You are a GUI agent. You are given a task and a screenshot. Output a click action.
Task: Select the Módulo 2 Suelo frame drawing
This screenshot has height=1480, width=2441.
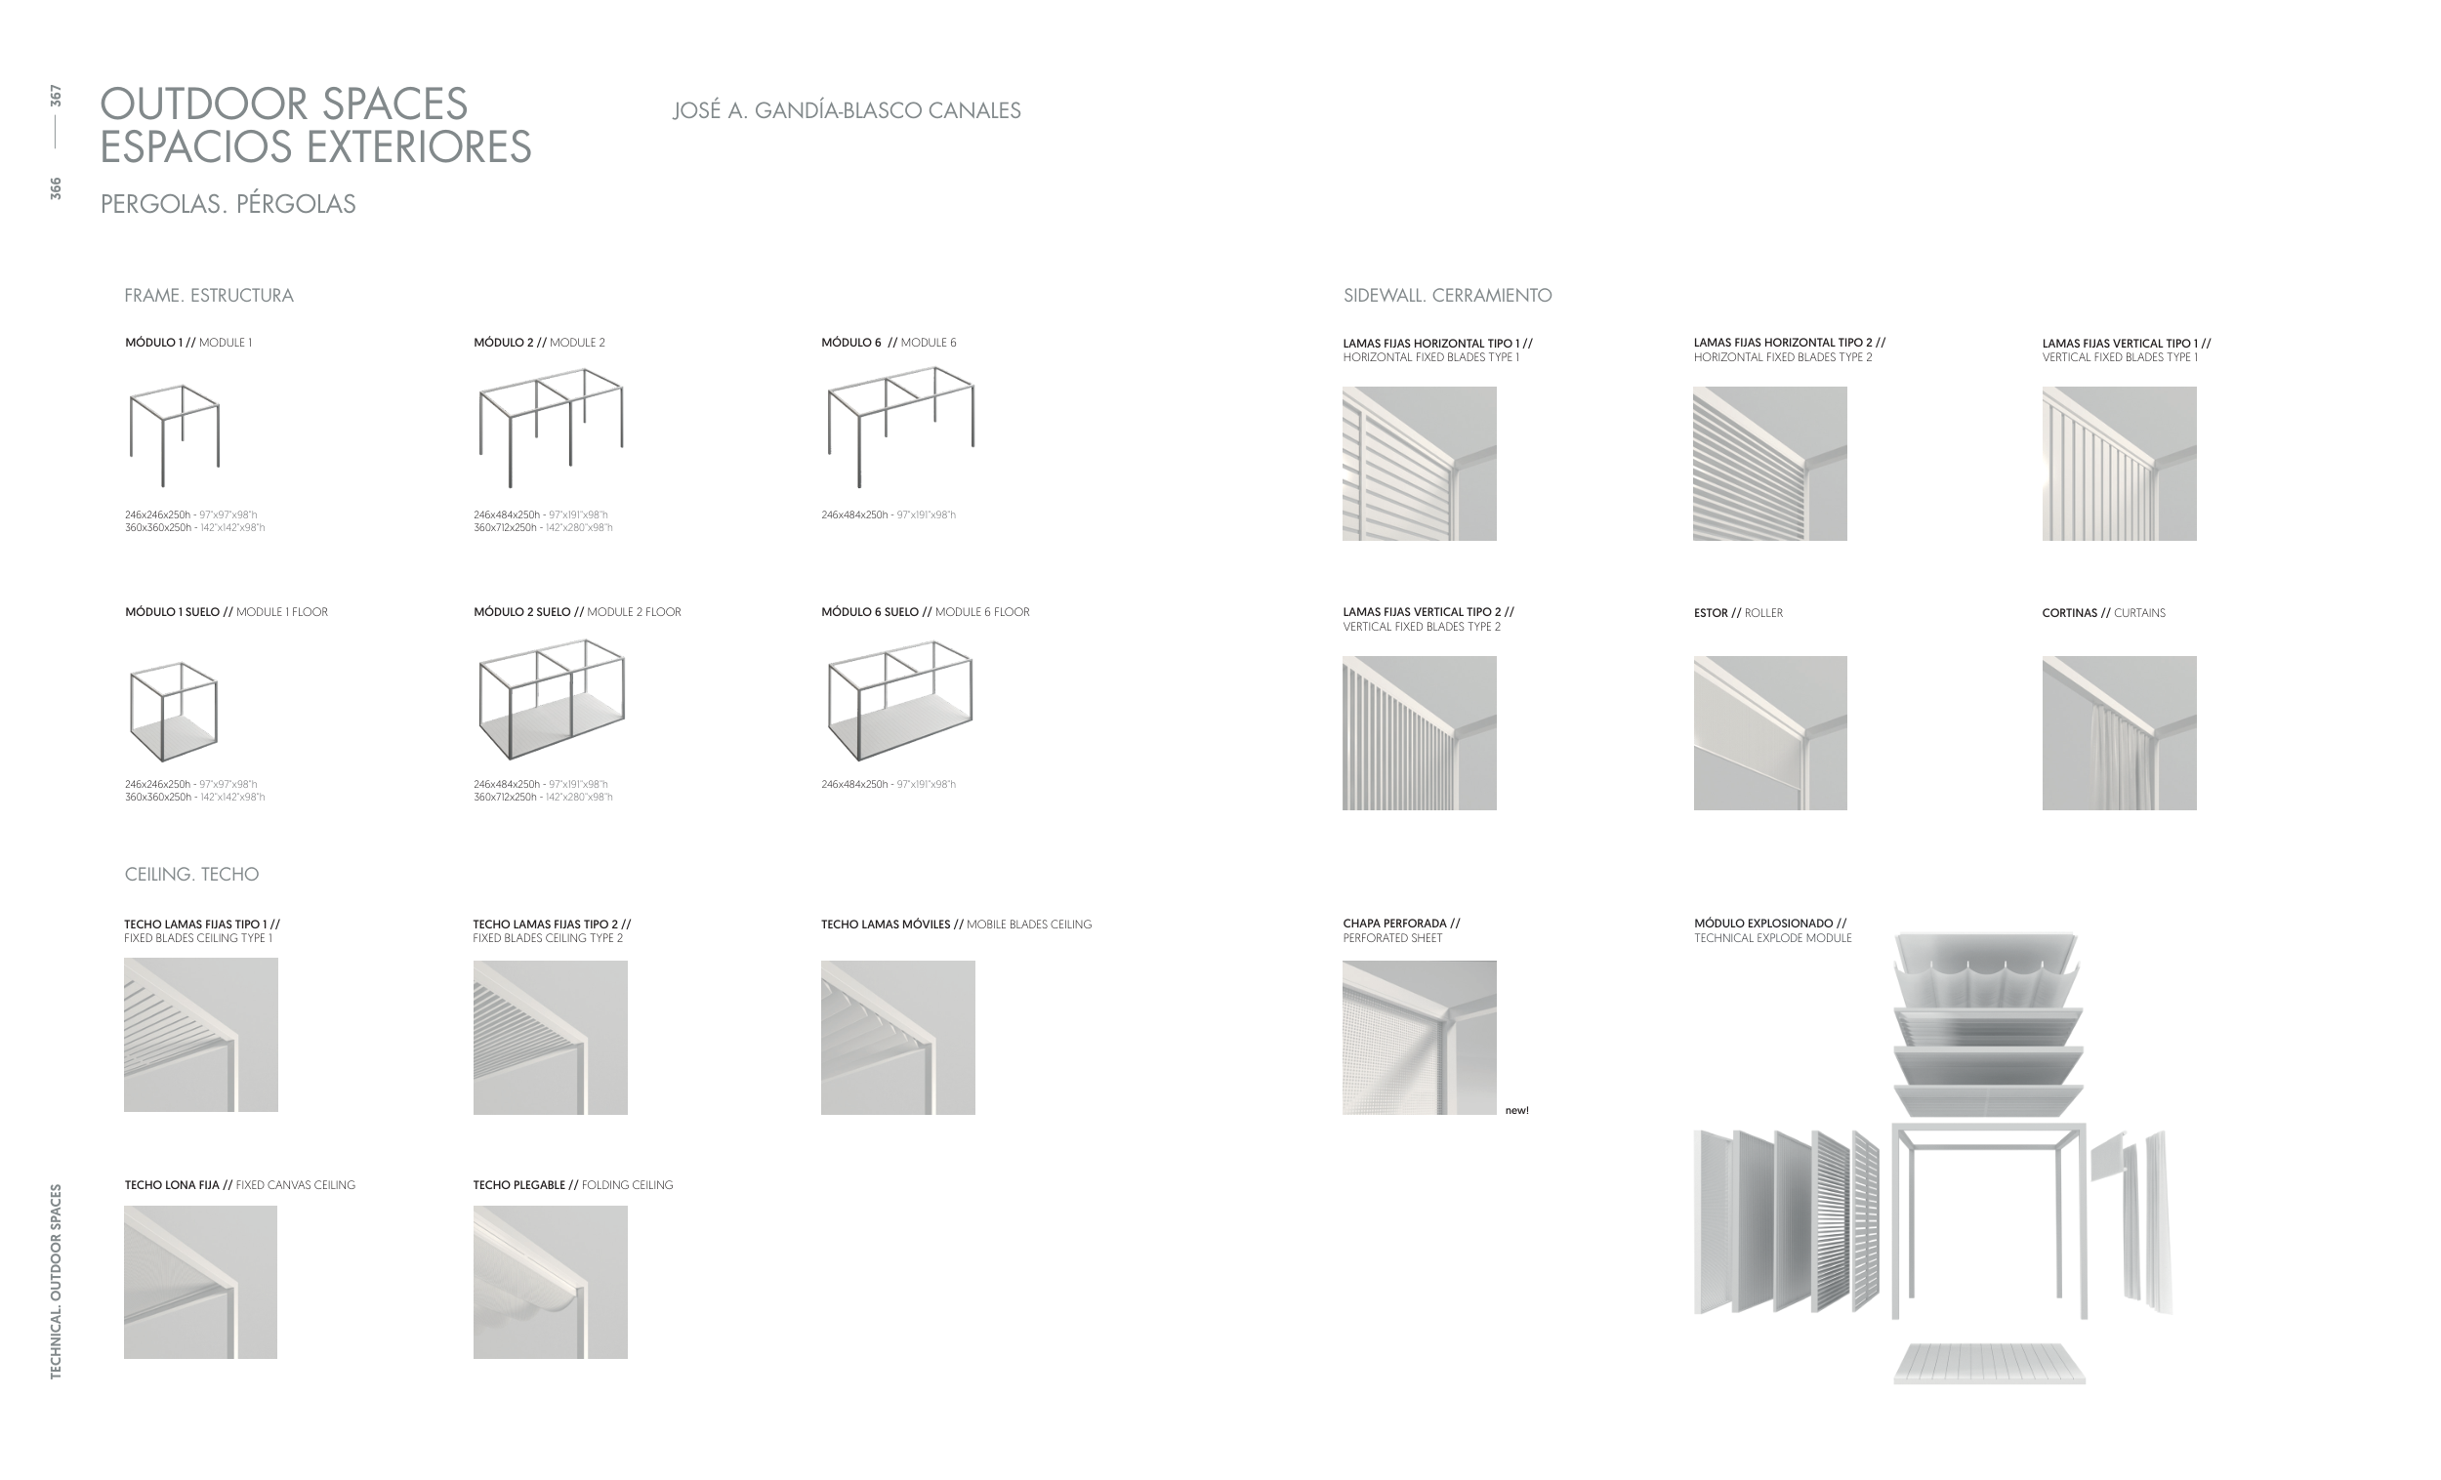[x=551, y=698]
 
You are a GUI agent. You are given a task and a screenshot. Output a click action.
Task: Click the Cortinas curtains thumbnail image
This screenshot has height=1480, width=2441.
[x=2118, y=733]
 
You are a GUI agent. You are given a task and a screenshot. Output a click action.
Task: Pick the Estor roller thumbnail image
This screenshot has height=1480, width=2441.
[x=1769, y=733]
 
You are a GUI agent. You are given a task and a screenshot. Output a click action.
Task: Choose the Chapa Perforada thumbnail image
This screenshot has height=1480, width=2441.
[x=1419, y=1037]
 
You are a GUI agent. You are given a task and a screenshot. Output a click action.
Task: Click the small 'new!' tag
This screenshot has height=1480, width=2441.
[x=1515, y=1111]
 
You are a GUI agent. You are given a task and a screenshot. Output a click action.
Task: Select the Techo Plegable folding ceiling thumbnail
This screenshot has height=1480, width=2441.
[x=550, y=1282]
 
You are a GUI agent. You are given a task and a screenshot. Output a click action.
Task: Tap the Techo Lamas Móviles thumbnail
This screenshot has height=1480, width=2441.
[x=897, y=1037]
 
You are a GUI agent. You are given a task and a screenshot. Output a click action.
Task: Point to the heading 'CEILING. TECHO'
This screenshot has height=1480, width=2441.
[x=191, y=874]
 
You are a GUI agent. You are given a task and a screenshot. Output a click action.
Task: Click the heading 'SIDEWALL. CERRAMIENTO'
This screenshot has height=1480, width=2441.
[x=1446, y=295]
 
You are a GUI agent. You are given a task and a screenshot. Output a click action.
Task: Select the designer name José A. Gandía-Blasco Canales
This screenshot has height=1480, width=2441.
[x=846, y=111]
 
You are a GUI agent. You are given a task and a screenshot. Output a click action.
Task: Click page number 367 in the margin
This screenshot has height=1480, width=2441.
[x=56, y=96]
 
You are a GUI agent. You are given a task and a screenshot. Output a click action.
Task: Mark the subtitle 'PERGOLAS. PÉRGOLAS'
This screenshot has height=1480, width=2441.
[x=228, y=204]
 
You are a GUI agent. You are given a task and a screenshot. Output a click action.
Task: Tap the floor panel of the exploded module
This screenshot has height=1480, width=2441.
[x=1989, y=1363]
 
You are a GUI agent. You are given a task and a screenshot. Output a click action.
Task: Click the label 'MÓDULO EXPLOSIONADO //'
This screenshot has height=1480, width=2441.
[x=1769, y=924]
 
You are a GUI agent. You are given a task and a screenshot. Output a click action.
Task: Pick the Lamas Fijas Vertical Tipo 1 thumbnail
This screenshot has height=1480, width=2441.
[x=2118, y=464]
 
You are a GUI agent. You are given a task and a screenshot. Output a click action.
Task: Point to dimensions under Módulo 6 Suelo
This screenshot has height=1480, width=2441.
[x=888, y=785]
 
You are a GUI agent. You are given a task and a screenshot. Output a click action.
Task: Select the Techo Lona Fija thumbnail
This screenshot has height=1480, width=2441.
[x=200, y=1282]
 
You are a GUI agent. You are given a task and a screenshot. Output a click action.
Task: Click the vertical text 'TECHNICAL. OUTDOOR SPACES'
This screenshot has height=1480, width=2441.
[x=56, y=1281]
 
